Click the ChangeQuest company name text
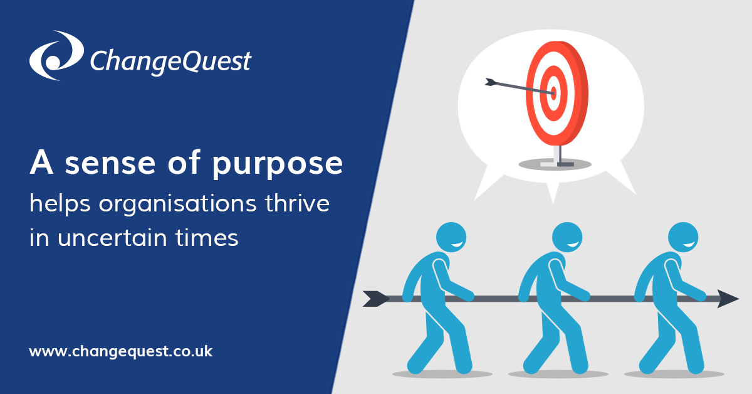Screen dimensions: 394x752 [170, 61]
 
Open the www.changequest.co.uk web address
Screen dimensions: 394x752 [121, 351]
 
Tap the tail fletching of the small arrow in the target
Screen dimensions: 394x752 [491, 82]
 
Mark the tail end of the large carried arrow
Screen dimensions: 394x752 [375, 299]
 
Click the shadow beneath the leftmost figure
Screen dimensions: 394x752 [442, 375]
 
